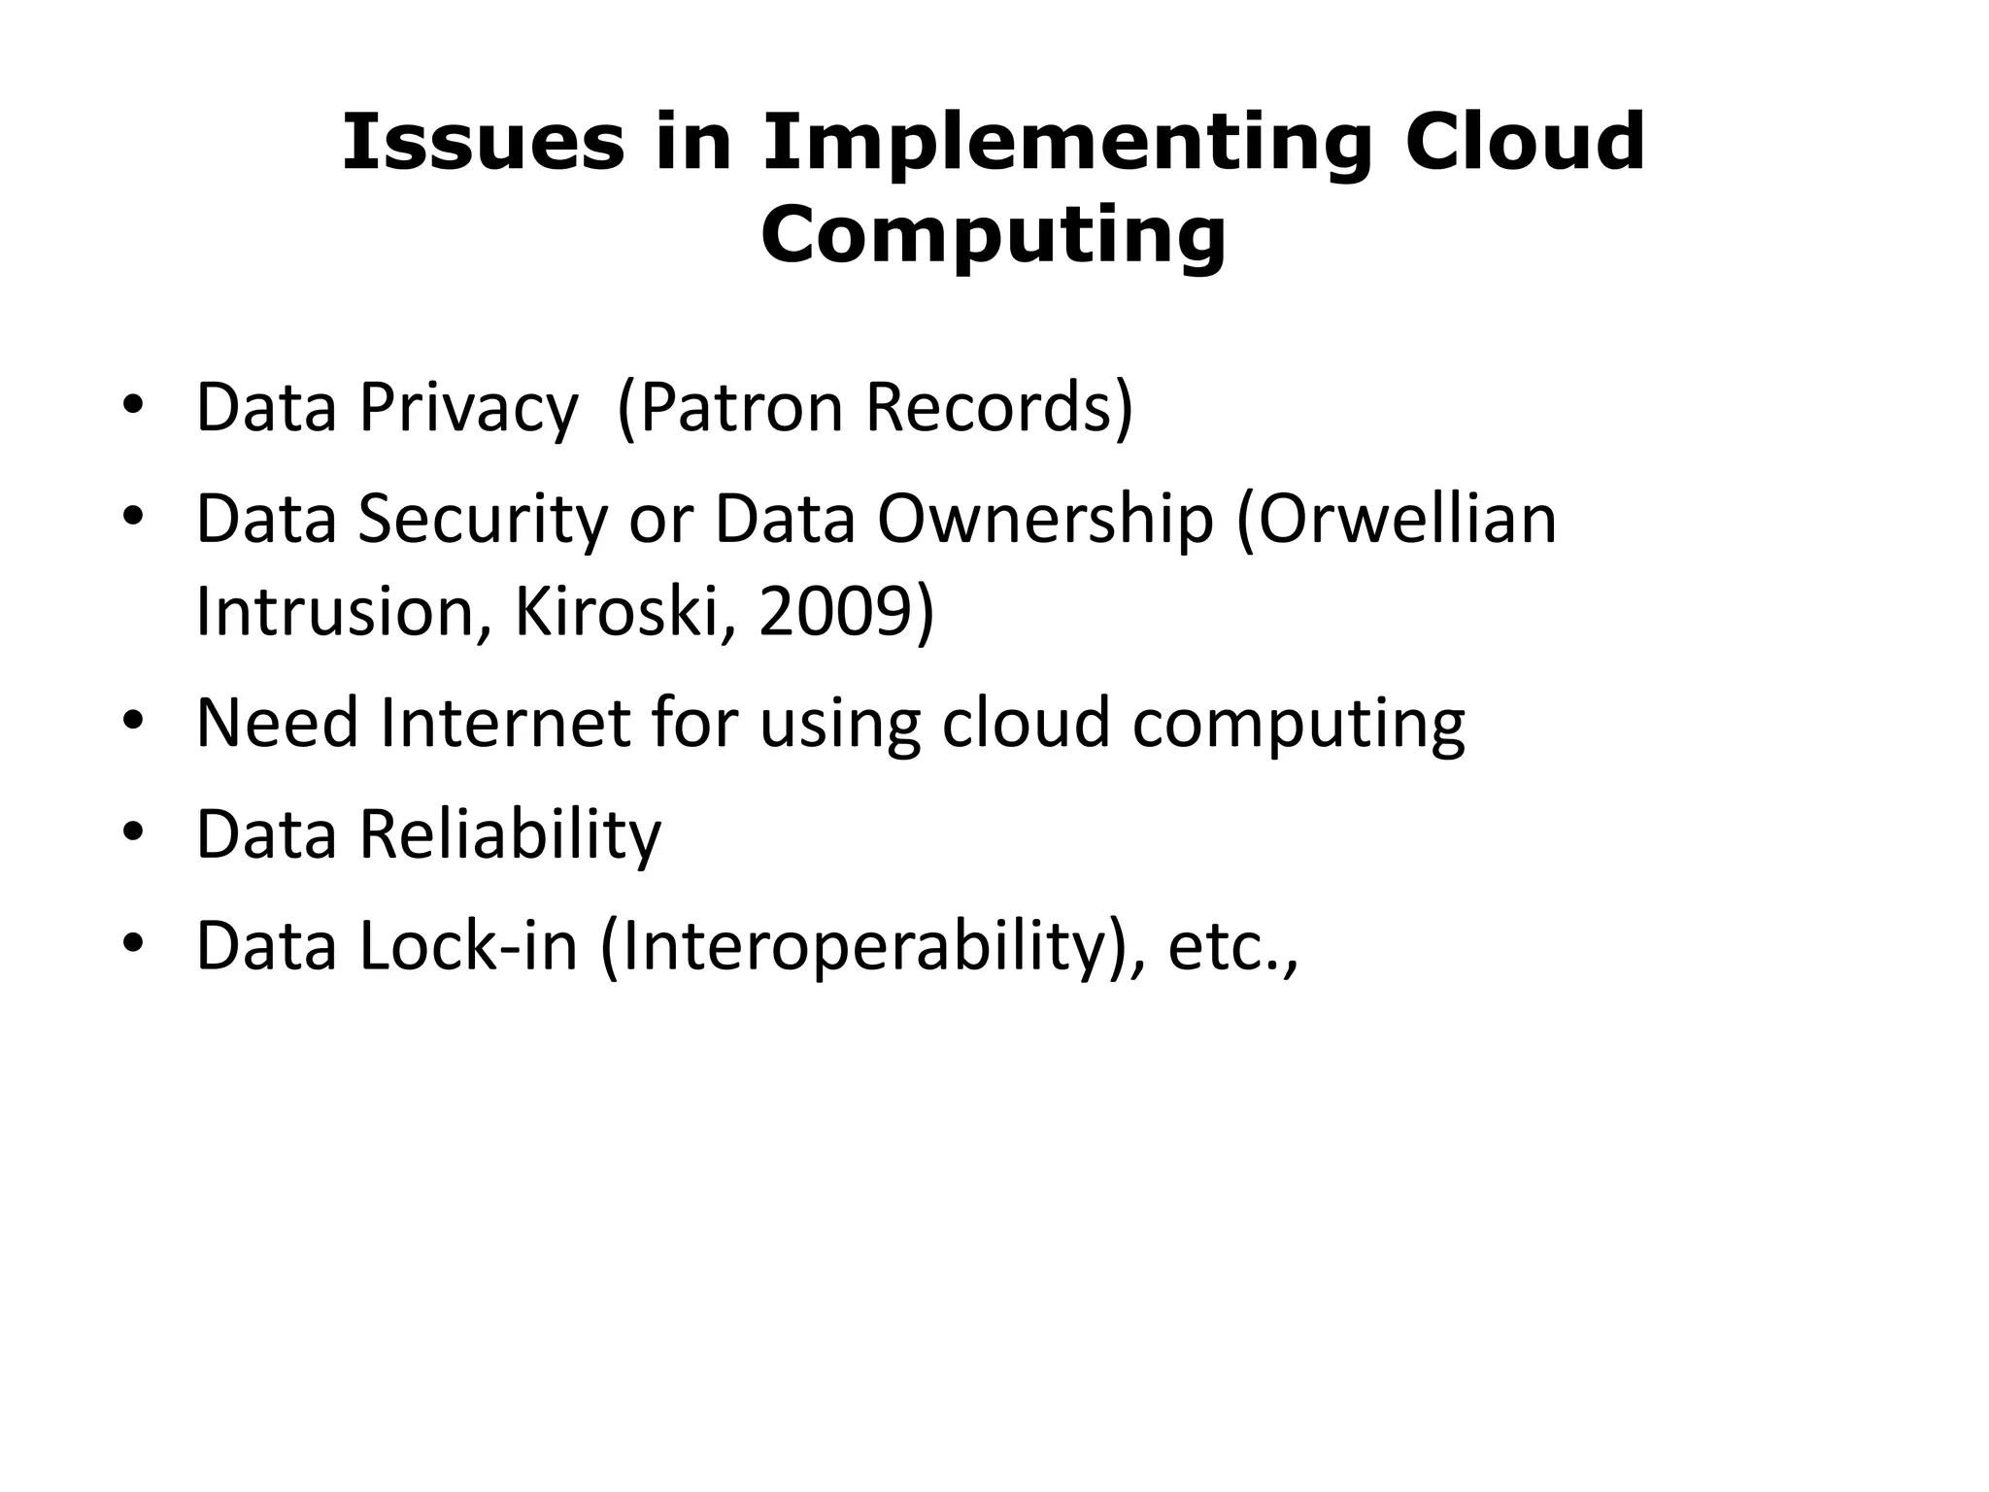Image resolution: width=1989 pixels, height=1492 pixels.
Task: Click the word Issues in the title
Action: [483, 143]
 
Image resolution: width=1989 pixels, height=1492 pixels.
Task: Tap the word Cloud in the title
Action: [1525, 143]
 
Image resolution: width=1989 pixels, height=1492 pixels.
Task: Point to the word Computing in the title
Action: [993, 236]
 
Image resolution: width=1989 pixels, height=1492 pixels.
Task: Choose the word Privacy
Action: [468, 408]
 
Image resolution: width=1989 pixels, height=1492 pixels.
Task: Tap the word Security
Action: [483, 520]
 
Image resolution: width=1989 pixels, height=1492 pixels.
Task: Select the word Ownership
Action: [1045, 520]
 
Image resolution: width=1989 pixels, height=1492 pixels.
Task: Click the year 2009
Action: [835, 612]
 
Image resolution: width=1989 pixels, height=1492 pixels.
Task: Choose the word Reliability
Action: [510, 835]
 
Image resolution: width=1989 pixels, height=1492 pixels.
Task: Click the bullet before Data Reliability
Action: [133, 833]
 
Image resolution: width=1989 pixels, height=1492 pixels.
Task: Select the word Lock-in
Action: [468, 946]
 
